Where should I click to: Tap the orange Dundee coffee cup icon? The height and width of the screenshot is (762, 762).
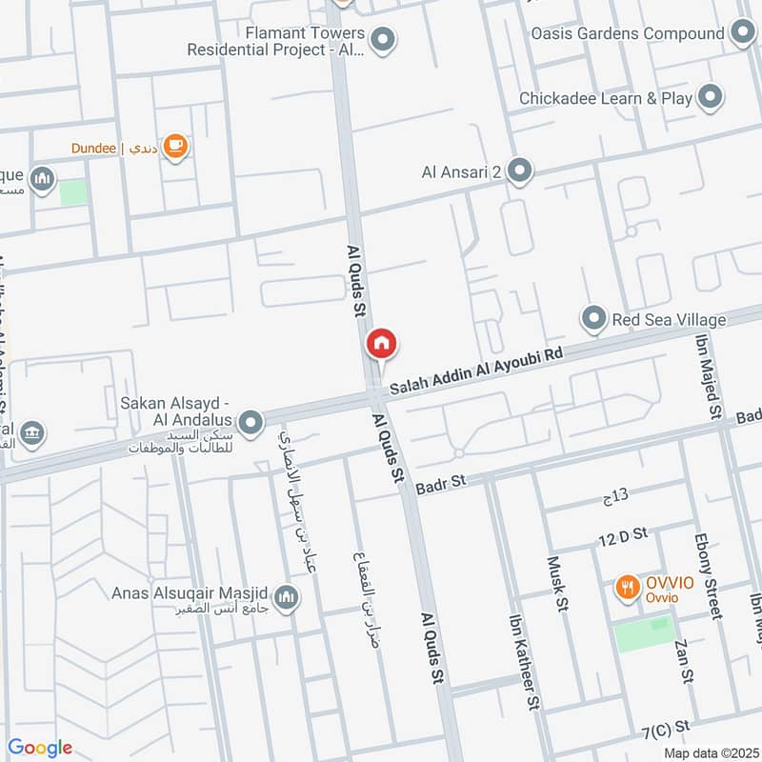pos(175,146)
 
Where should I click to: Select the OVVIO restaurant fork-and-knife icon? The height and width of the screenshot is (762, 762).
pos(626,587)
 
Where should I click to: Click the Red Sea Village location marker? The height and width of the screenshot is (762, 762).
pos(594,319)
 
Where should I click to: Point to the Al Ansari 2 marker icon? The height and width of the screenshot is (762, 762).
pos(519,171)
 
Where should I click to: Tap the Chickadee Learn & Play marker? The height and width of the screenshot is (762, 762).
pos(709,97)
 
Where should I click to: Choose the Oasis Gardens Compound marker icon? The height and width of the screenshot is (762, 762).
pos(743,33)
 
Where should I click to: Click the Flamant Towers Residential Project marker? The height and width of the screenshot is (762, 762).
pos(383,40)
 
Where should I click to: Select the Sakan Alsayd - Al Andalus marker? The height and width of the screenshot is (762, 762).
pos(251,422)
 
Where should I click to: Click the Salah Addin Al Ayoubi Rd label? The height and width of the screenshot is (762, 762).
pos(477,371)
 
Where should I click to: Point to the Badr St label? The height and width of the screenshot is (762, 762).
pos(440,483)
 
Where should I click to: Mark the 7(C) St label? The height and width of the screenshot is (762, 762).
pos(665,729)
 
